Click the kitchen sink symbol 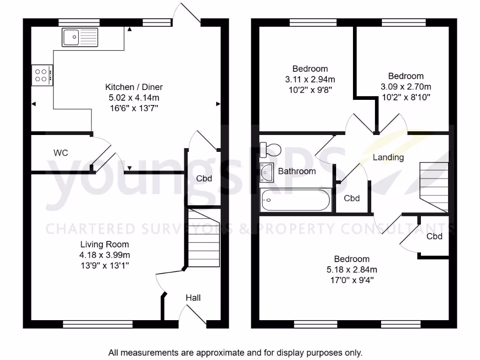tap(80, 37)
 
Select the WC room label tap(61, 153)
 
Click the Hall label tap(193, 298)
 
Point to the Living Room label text tap(105, 244)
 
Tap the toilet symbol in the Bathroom tap(270, 150)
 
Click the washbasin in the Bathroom tap(268, 172)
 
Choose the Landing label tap(388, 157)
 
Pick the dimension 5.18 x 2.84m tap(352, 270)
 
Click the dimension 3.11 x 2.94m tap(310, 79)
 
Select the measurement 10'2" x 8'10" tap(405, 97)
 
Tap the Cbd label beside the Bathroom tap(352, 198)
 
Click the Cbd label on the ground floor tap(204, 179)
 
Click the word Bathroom tap(297, 171)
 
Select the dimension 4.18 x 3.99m tap(105, 255)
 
